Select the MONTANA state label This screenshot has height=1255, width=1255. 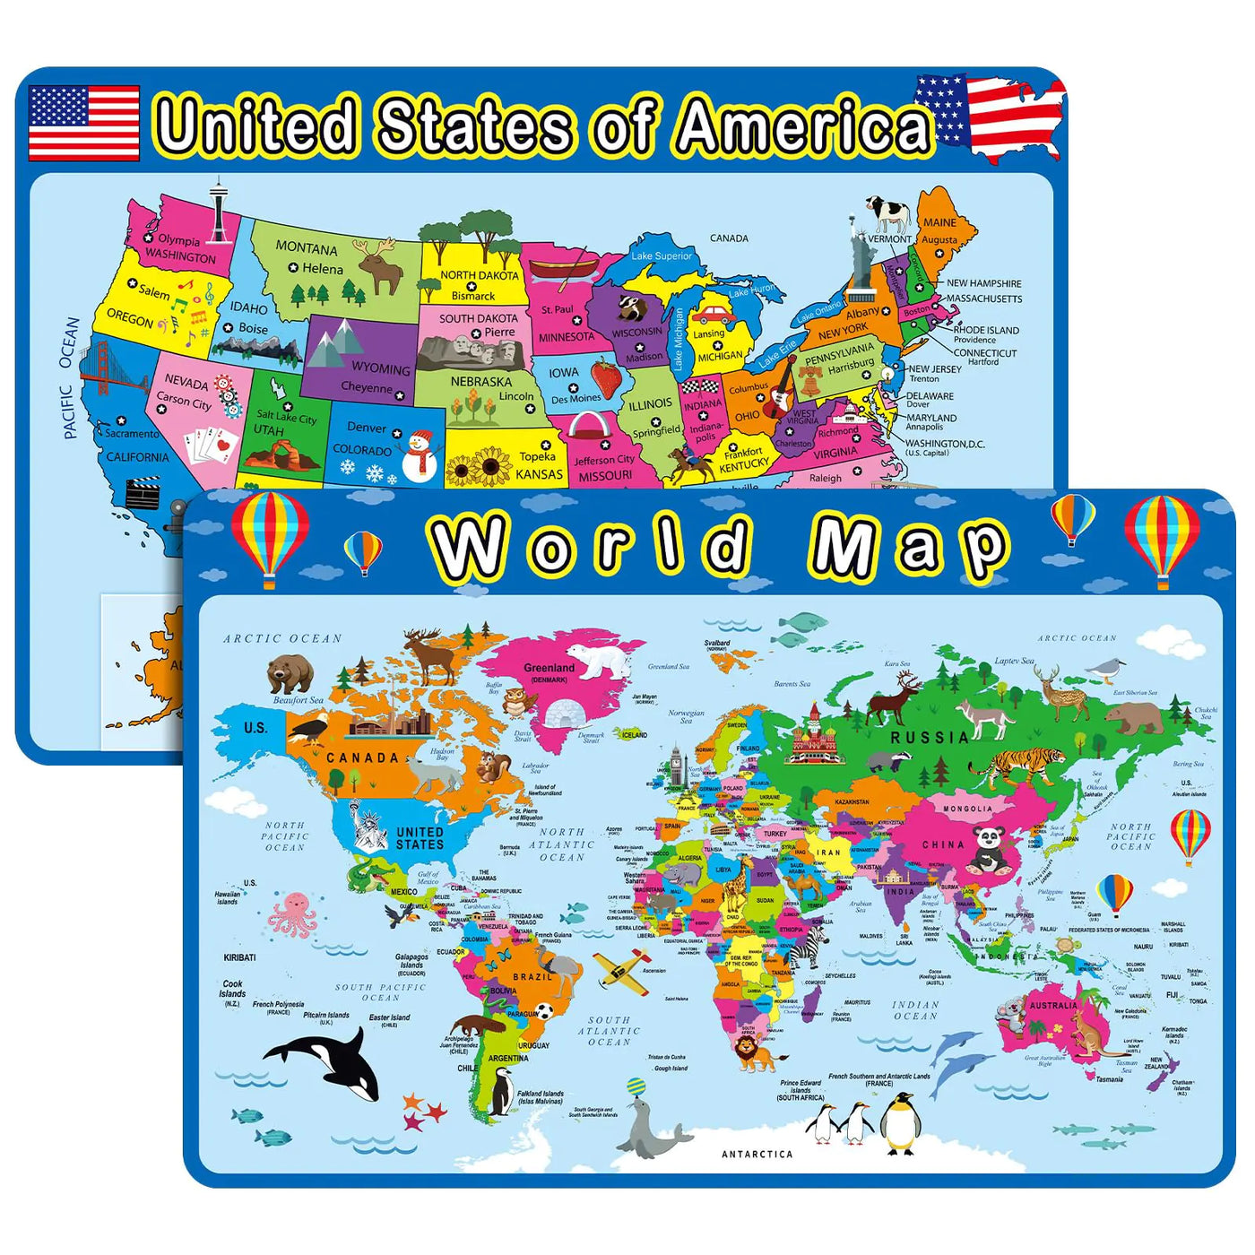click(x=307, y=248)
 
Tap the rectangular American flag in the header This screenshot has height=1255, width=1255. click(x=83, y=123)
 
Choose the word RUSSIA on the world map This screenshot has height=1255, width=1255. click(x=930, y=738)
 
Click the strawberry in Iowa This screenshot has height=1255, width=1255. click(x=607, y=377)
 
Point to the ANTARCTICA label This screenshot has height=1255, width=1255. click(x=757, y=1155)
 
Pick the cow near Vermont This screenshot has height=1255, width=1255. click(x=888, y=214)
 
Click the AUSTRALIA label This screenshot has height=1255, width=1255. click(x=1053, y=1006)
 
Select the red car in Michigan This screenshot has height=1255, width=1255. click(x=714, y=315)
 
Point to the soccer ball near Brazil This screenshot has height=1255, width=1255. click(x=544, y=1011)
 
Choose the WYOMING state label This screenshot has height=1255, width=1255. click(x=380, y=368)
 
